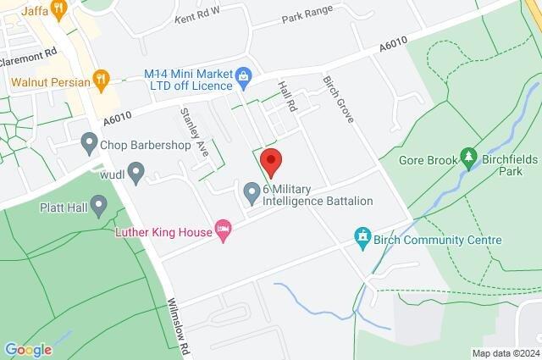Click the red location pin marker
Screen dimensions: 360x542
point(270,159)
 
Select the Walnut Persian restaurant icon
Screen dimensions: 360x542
point(102,81)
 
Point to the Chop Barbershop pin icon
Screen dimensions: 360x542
point(89,144)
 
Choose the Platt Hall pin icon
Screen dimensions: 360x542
point(99,205)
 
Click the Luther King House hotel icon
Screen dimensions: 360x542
point(224,230)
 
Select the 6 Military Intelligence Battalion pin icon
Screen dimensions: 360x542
point(252,194)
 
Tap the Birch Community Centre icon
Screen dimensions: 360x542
point(362,235)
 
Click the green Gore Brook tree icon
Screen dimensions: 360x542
point(467,158)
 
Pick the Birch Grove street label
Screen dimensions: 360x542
point(337,98)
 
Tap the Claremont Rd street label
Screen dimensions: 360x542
point(29,51)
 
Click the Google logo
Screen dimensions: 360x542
point(28,349)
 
